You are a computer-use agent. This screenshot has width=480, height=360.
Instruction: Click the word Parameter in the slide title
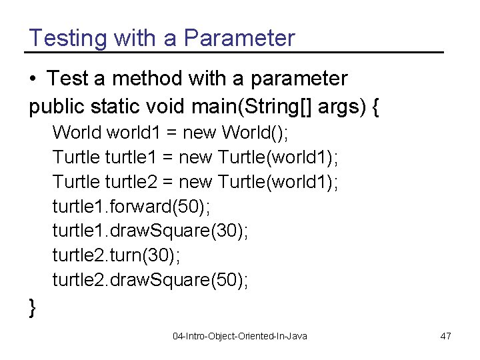coord(239,38)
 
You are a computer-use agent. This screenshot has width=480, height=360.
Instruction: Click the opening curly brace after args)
coord(375,107)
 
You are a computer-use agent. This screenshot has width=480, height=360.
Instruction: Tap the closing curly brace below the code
coord(33,308)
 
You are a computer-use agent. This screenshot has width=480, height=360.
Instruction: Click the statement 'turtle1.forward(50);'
coord(131,207)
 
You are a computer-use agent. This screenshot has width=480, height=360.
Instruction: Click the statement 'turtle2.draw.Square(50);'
coord(151,281)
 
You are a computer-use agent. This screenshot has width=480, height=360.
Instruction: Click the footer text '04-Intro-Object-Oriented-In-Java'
coord(239,336)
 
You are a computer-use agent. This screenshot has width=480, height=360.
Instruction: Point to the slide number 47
coord(445,336)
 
